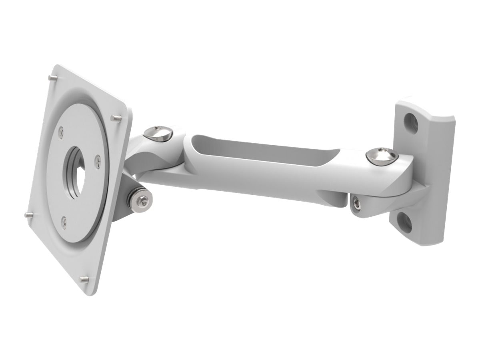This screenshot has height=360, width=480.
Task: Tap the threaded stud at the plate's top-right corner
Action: (x=116, y=118)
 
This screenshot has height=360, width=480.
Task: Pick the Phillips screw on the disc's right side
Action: (x=98, y=160)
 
